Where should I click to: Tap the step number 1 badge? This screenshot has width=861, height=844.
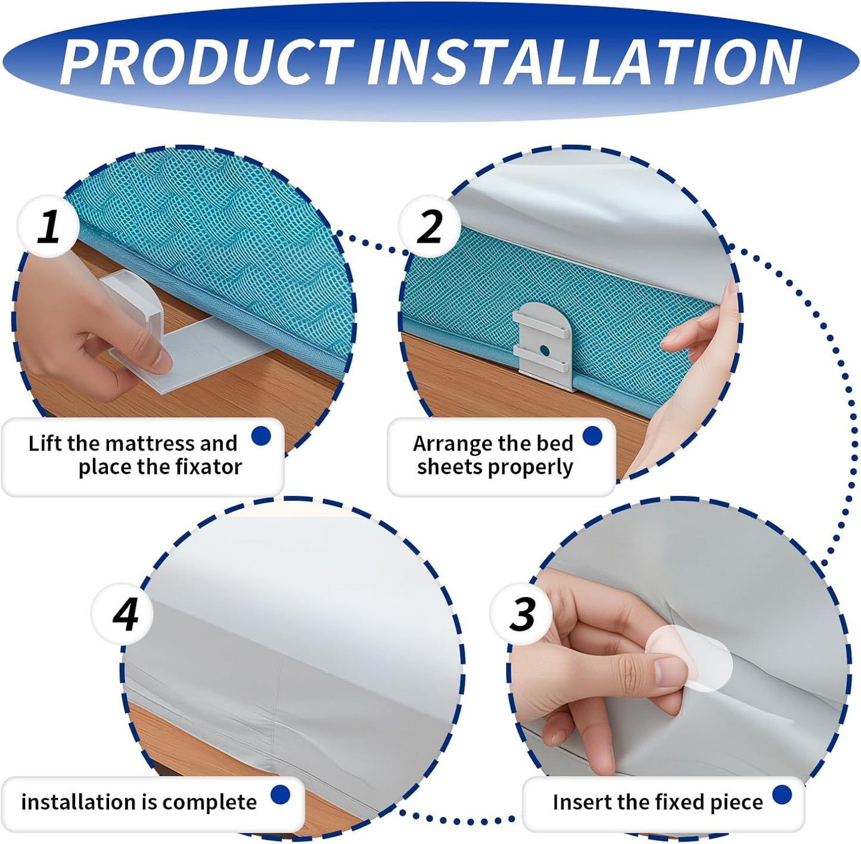coord(48,226)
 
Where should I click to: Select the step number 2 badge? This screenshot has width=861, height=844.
coord(430,226)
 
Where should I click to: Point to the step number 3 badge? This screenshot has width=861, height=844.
coord(521,614)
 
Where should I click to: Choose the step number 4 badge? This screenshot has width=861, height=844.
coord(122,614)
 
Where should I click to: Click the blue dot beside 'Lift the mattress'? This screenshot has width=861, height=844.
coord(262,436)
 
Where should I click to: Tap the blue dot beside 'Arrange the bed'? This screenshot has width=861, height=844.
coord(592,436)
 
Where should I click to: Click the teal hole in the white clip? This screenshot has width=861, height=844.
coord(544,349)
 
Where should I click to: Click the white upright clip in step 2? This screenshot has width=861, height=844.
coord(542,345)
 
